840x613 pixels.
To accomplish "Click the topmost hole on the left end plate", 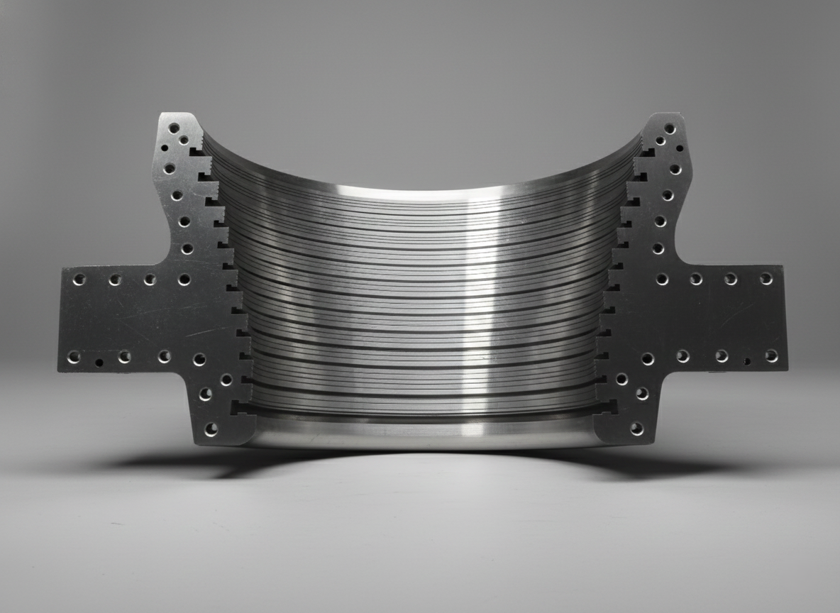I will [x=174, y=128].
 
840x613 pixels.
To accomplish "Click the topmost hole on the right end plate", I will [x=668, y=128].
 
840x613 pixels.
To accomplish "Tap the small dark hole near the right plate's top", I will [x=680, y=149].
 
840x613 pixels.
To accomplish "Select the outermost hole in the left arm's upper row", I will [x=79, y=280].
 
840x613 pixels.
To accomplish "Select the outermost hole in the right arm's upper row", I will [x=766, y=279].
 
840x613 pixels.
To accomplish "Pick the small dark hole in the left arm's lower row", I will [x=99, y=363].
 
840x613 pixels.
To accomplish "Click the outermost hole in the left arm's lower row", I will [x=73, y=357].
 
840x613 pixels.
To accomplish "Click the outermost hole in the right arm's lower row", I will [x=771, y=355].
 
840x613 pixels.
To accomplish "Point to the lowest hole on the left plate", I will [x=211, y=429].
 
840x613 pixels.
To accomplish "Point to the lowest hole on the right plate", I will [x=636, y=429].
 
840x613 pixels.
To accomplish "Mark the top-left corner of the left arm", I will [x=60, y=269].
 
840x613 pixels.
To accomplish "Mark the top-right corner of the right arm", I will [x=783, y=267].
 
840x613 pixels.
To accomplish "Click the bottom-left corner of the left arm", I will [x=59, y=370].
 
